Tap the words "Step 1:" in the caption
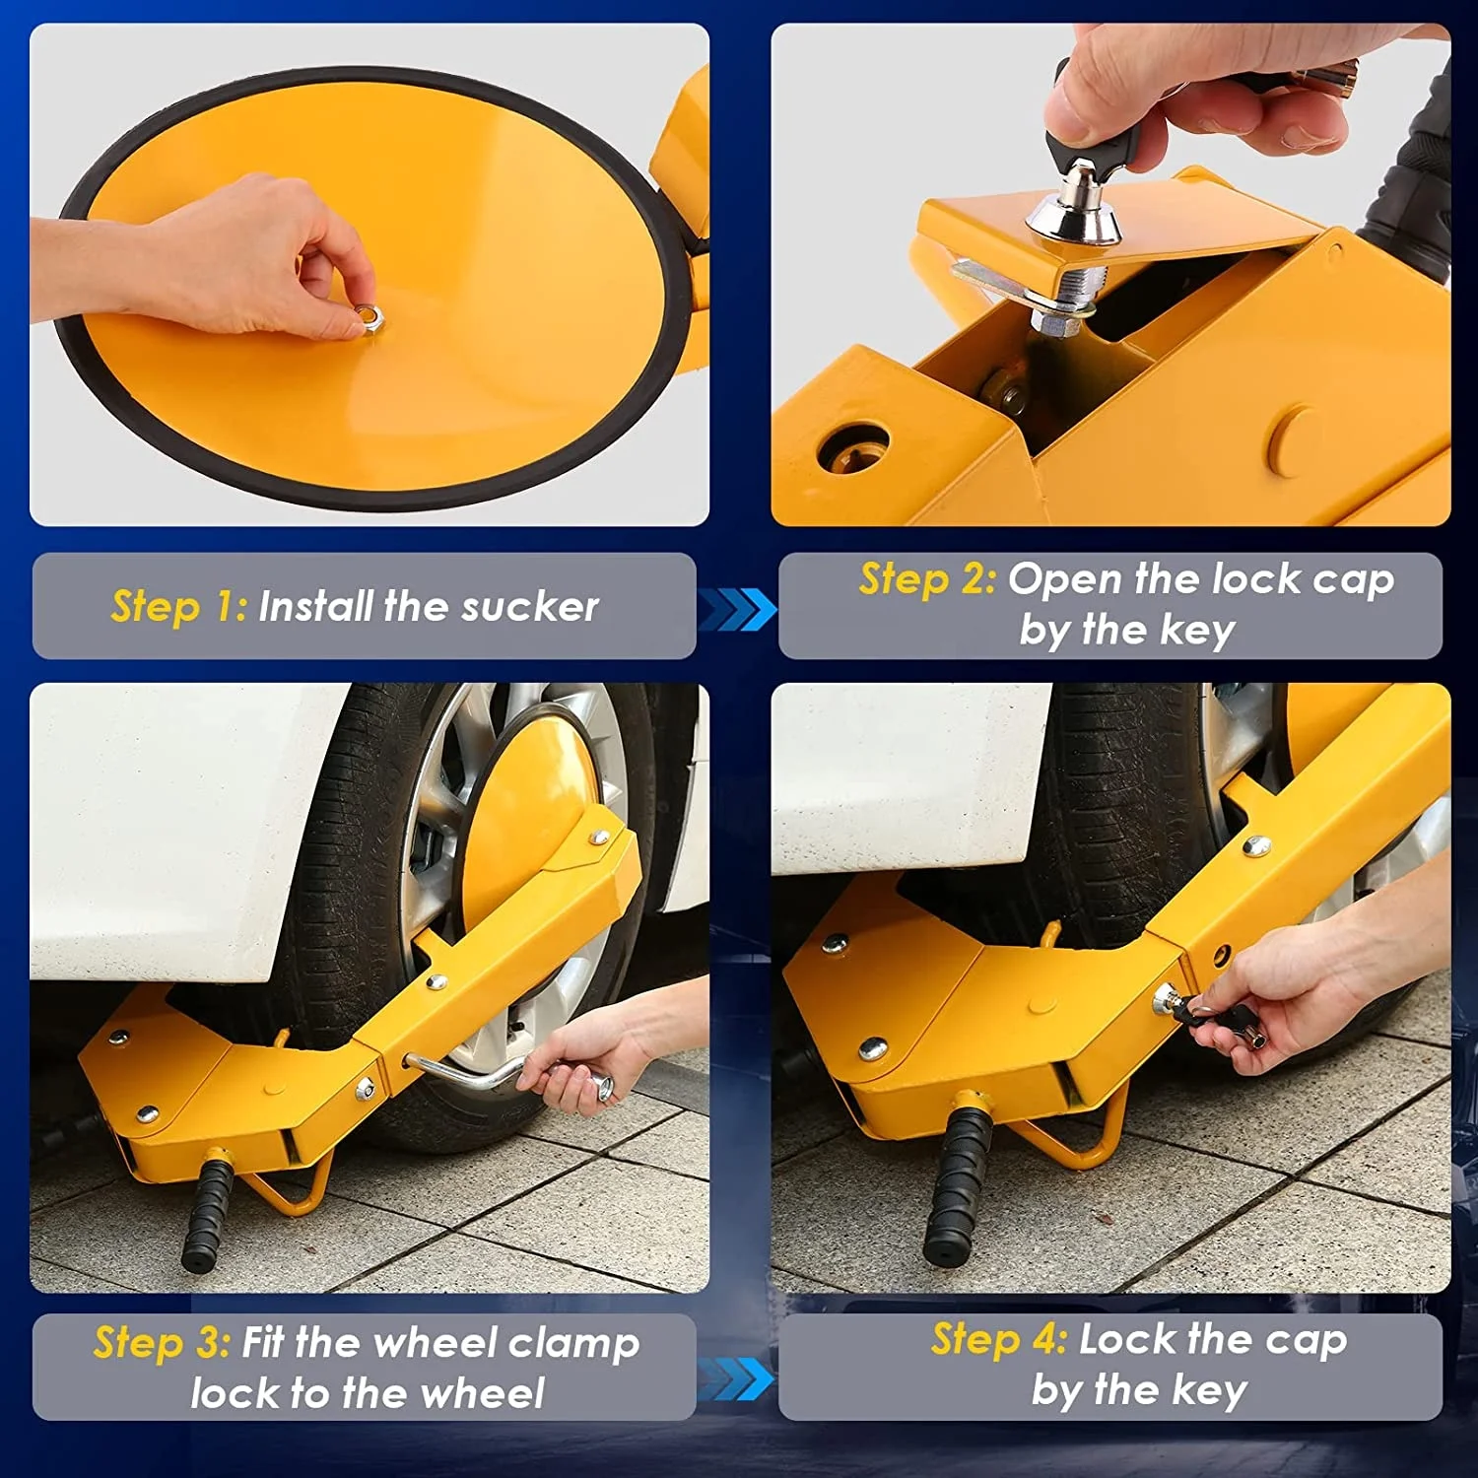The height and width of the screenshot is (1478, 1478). [178, 606]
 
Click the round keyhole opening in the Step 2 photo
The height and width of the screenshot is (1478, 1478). [853, 448]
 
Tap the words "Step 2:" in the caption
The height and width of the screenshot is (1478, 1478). [927, 578]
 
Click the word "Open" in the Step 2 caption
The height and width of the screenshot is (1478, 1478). [1065, 580]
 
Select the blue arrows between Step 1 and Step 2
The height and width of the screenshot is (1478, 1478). [736, 608]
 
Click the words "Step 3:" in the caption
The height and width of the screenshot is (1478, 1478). [162, 1342]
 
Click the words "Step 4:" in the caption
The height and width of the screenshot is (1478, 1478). [998, 1339]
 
